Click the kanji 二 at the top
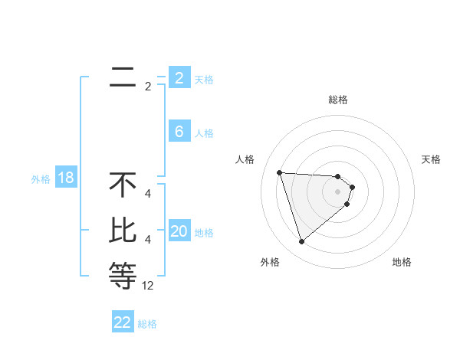123,77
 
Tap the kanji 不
123,185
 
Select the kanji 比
123,231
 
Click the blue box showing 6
179,132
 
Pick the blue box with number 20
179,231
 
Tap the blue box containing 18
66,178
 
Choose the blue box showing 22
123,322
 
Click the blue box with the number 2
179,78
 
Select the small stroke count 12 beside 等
148,286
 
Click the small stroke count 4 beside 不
148,194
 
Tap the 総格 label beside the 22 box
147,324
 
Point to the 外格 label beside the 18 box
41,179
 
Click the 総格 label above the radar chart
337,100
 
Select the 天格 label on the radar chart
432,159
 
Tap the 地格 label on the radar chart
402,262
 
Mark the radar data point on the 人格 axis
279,172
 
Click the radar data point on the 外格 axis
301,242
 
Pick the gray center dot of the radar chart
337,191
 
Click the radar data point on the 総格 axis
337,176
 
